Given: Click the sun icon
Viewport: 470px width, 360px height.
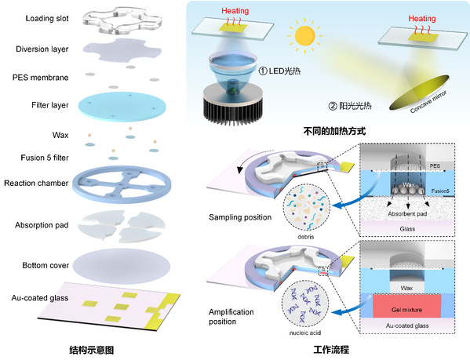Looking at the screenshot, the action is click(305, 35).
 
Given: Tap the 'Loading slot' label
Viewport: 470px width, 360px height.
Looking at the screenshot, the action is click(47, 18).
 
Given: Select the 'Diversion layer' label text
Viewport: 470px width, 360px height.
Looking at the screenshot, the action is click(42, 49).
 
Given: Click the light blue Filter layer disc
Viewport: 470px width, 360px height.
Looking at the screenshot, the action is click(122, 107).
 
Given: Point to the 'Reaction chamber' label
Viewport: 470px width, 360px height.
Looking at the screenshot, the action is click(36, 183).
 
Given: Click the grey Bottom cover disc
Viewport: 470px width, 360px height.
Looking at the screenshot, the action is click(122, 266).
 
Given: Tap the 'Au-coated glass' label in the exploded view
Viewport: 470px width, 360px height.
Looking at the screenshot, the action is click(40, 298).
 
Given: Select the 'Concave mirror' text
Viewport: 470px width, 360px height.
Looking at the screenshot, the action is click(428, 102).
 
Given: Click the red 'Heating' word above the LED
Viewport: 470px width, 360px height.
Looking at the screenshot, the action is click(235, 11).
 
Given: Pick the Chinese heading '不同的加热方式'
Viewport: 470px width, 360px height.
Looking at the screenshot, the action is click(334, 131).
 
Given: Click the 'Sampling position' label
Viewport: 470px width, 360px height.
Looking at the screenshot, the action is click(240, 217).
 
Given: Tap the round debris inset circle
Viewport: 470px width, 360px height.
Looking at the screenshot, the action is click(306, 208).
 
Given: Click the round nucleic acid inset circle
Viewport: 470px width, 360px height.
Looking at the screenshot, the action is click(305, 304).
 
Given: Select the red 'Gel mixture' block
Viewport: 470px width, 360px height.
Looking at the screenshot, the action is click(406, 306).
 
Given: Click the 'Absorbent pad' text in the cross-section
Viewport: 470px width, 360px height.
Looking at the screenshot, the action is click(407, 214).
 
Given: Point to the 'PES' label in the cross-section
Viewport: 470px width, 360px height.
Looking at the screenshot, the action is click(435, 166).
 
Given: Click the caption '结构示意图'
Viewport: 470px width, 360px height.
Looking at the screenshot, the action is click(92, 350).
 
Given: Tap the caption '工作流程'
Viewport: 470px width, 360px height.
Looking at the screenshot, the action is click(331, 350).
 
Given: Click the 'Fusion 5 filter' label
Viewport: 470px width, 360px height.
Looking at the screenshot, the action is click(45, 158).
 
